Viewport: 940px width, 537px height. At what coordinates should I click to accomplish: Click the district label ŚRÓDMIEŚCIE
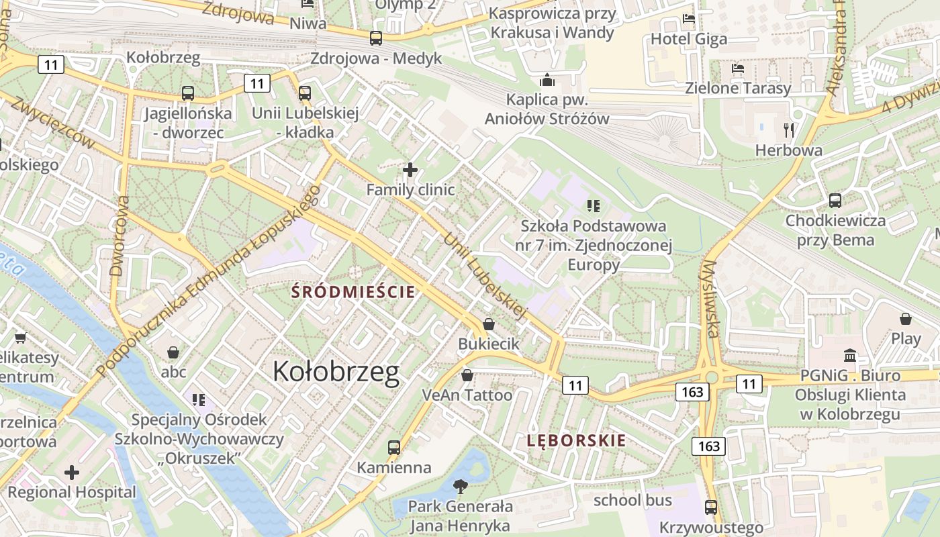(353, 292)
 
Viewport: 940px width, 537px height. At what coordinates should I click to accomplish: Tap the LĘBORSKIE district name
(576, 441)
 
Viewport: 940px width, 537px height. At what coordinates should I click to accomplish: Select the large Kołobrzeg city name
(336, 372)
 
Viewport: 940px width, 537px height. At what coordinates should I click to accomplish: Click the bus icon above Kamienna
(394, 447)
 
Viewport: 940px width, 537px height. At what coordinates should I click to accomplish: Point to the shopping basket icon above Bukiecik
(489, 324)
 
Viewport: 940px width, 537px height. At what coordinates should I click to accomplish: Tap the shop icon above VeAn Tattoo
(467, 375)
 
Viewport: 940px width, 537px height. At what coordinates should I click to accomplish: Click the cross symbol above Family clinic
(410, 170)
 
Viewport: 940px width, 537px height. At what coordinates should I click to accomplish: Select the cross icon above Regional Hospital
(72, 473)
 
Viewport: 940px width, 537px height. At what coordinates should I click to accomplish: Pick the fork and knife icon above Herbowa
(789, 130)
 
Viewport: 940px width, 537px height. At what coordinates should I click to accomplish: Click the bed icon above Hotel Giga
(689, 19)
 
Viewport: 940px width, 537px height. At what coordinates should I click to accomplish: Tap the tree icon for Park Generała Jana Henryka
(460, 486)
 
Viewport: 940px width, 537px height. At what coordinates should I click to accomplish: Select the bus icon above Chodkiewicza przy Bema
(835, 200)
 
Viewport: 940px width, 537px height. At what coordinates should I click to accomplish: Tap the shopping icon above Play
(906, 319)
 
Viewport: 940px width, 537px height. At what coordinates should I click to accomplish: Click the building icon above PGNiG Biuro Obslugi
(850, 355)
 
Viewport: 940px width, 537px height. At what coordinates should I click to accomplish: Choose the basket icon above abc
(173, 352)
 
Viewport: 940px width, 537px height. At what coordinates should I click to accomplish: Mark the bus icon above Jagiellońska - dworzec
(188, 93)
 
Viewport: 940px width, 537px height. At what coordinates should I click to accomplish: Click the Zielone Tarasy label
(738, 88)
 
